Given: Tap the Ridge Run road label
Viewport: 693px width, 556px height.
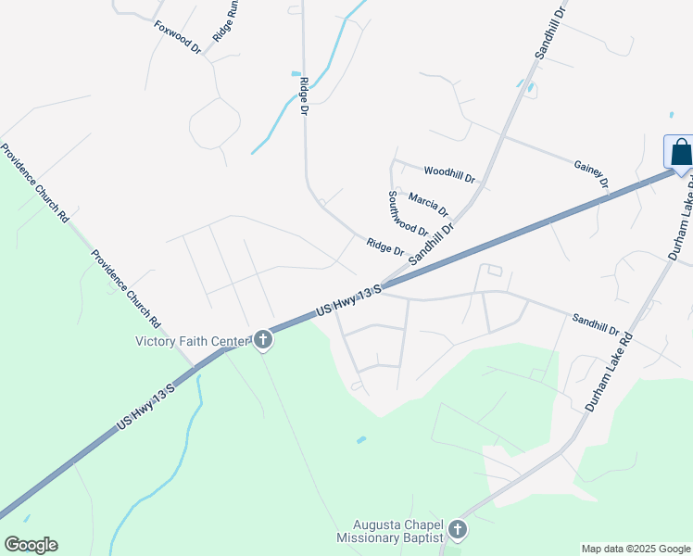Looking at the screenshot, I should (x=227, y=19).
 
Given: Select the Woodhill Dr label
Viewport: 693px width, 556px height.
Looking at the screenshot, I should (x=449, y=172).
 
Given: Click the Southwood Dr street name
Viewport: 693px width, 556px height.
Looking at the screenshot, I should (x=407, y=214).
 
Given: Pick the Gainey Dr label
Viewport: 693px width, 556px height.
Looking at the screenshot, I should (x=591, y=172).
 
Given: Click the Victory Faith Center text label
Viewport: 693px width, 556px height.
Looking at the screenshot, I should (x=193, y=341).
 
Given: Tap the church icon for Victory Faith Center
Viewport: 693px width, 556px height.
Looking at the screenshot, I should (x=263, y=341).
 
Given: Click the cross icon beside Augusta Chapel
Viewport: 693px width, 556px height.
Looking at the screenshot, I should (x=456, y=530).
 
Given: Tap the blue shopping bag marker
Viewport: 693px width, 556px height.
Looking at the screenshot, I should (x=680, y=153).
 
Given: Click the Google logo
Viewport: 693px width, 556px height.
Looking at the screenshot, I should (x=31, y=545).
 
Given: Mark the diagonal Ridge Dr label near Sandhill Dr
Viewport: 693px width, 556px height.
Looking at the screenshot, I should (x=384, y=246).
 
